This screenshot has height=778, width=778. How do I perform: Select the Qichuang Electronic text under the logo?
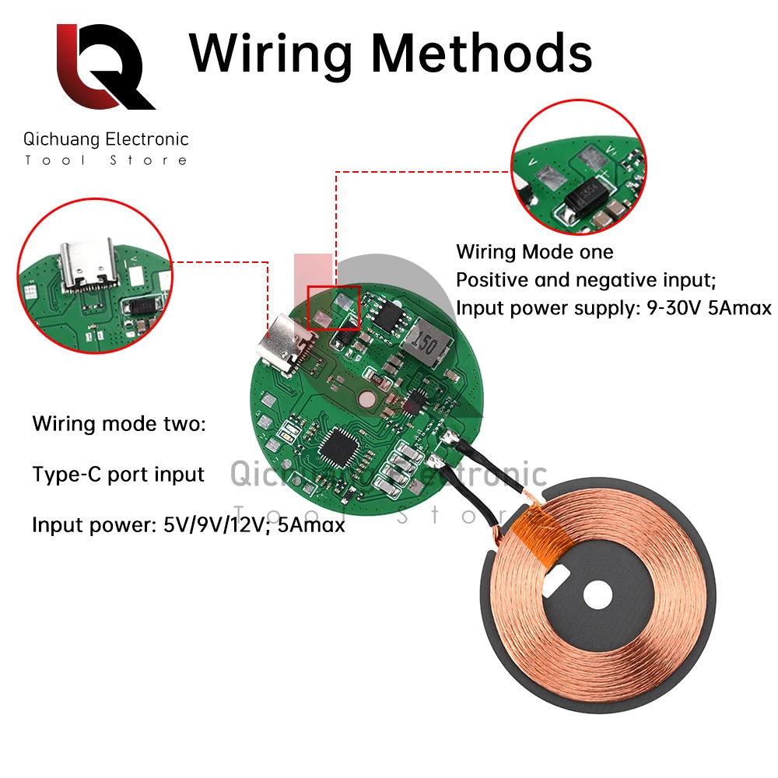tap(106, 140)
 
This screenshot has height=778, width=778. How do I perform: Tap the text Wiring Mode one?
tap(534, 252)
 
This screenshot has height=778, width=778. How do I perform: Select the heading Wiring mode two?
tap(120, 424)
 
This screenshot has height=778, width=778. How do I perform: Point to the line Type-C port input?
tap(118, 474)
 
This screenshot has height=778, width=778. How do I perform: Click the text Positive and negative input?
tap(585, 279)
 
